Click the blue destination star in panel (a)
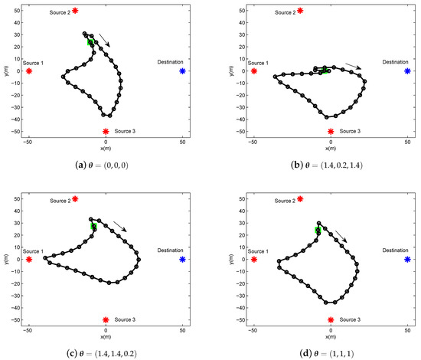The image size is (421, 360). [182, 71]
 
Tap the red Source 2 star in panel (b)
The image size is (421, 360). [300, 11]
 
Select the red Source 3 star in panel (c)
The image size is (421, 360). [106, 319]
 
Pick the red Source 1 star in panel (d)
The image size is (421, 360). [254, 260]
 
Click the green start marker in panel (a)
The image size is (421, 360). [90, 43]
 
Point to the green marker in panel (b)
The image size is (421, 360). [325, 70]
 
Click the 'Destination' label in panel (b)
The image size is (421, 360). [396, 61]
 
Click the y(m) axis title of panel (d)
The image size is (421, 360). [232, 259]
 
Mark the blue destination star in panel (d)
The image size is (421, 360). [407, 260]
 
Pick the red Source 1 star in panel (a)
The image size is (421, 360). [29, 71]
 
